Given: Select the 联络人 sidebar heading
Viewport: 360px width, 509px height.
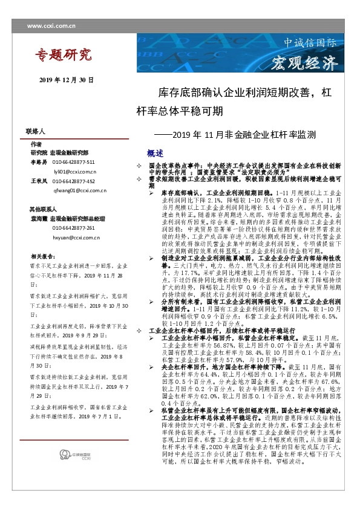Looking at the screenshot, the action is pos(36,131).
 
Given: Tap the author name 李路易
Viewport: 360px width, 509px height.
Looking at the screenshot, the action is pos(38,163).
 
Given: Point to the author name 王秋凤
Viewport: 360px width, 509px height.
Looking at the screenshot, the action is pos(38,181).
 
